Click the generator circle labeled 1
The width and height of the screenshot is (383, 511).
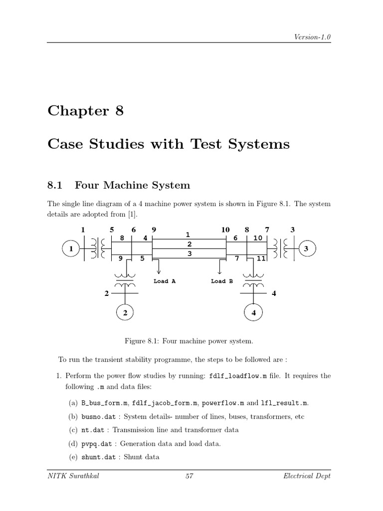coord(72,249)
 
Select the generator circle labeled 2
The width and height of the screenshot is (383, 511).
coord(125,313)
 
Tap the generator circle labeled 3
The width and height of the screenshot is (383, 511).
coord(307,249)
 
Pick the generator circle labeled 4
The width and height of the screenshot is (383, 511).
coord(254,313)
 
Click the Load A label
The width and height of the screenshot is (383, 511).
coord(165,281)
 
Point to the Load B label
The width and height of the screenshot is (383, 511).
coord(222,281)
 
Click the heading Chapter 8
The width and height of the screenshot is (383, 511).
coord(85,111)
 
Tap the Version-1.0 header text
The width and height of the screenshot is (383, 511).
coord(312,37)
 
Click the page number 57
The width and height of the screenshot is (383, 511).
coord(189,476)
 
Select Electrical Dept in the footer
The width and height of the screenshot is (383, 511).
coord(306,476)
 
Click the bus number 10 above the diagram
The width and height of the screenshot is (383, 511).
coord(225,230)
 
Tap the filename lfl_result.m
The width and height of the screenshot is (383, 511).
coord(286,403)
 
